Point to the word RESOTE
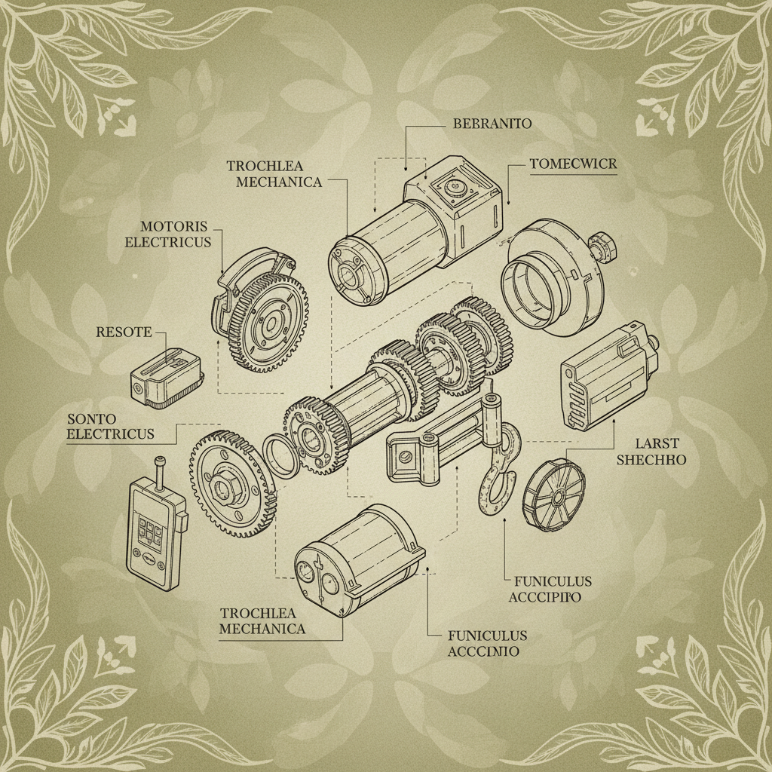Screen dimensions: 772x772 coord(124,332)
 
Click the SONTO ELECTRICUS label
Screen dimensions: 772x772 coord(110,427)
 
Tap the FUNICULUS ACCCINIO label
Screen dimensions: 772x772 coord(486,643)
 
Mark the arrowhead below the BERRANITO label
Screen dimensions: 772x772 coord(406,167)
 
